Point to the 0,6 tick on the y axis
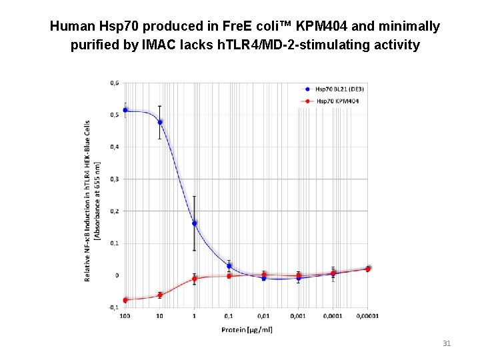click(x=115, y=83)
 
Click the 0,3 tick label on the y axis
click(x=115, y=179)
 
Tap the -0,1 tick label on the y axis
click(x=114, y=307)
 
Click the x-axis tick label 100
click(x=125, y=316)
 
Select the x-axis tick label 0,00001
click(x=367, y=316)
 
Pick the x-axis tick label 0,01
click(x=263, y=316)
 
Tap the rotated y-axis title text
click(x=91, y=201)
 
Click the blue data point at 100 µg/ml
click(x=125, y=110)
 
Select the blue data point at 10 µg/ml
click(x=160, y=122)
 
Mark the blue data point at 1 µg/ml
click(x=194, y=223)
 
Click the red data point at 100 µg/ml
click(x=125, y=300)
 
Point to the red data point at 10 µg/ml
click(x=160, y=295)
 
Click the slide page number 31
click(x=447, y=343)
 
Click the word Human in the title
click(x=73, y=27)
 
